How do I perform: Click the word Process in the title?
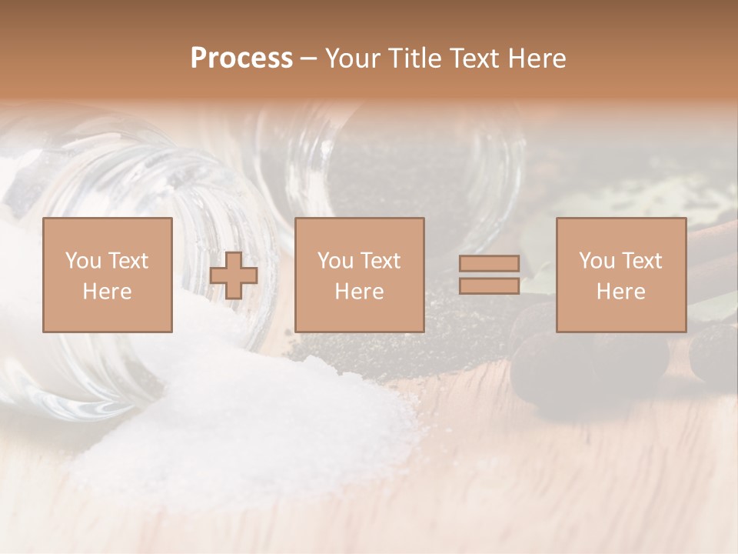click(241, 58)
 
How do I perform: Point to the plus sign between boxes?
click(234, 275)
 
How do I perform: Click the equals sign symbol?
click(489, 275)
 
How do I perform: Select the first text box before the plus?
click(108, 275)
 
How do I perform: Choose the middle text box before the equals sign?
click(360, 275)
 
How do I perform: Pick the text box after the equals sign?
click(621, 275)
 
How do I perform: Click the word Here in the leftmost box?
click(107, 292)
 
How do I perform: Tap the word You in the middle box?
click(335, 261)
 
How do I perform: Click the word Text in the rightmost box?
click(641, 261)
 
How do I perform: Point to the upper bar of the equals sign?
click(489, 263)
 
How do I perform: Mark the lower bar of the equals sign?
click(489, 286)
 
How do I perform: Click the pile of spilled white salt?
click(254, 415)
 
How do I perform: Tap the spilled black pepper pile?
click(430, 339)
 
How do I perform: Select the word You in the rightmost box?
click(597, 261)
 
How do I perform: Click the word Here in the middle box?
click(359, 292)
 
